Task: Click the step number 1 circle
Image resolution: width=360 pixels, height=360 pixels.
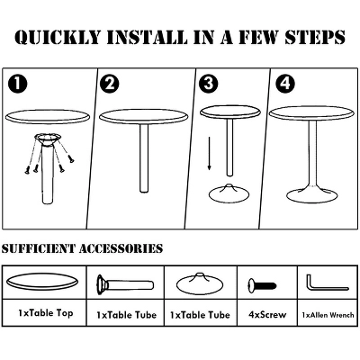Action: click(18, 83)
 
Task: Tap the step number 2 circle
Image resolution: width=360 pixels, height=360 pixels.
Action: click(110, 83)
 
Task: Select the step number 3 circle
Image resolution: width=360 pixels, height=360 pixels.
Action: click(209, 83)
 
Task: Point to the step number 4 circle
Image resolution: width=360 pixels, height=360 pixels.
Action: click(284, 83)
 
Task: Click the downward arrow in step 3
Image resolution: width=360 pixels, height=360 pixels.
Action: click(210, 153)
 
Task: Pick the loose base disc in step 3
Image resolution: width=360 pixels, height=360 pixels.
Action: click(229, 193)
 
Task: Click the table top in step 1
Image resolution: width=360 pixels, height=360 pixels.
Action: click(48, 116)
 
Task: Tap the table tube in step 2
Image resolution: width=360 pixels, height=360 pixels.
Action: click(144, 158)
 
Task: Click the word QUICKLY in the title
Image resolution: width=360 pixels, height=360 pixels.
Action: click(58, 37)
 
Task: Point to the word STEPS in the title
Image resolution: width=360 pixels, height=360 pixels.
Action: click(314, 37)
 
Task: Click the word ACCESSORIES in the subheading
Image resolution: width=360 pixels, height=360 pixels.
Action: click(121, 248)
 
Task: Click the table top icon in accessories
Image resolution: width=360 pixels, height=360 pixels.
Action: click(42, 283)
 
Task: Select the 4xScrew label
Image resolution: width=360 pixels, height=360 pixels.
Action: click(267, 315)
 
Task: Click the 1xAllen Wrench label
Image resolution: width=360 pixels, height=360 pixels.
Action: click(328, 315)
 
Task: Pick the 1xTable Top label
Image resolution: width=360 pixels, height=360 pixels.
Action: click(46, 313)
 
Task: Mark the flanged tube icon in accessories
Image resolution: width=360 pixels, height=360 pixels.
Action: click(125, 283)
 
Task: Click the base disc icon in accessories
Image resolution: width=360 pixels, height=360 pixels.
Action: click(200, 283)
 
